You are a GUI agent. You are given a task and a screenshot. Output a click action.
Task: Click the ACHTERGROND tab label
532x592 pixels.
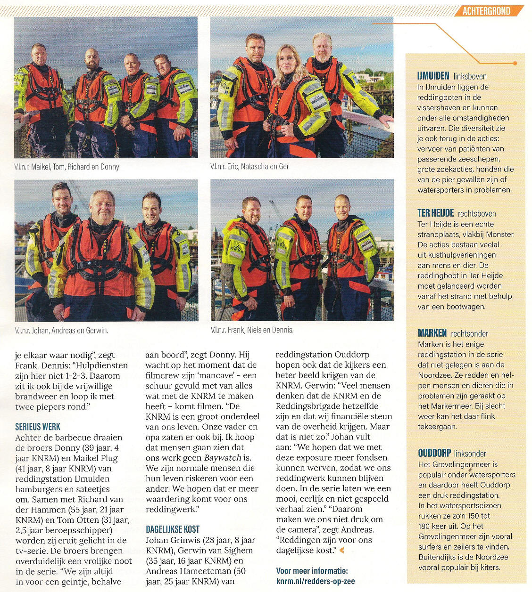(x=486, y=10)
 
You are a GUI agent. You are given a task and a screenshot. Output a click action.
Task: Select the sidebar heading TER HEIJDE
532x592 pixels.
(x=435, y=213)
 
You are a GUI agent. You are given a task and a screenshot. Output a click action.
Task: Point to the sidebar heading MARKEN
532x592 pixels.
(x=432, y=333)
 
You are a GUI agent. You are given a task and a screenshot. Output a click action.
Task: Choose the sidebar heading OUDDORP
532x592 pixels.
(x=434, y=453)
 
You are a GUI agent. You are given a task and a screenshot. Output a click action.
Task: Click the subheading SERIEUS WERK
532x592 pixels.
(x=38, y=427)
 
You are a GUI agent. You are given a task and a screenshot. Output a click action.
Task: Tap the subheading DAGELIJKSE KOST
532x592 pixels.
(x=173, y=529)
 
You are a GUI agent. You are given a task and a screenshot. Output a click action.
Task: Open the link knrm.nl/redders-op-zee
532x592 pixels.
(x=316, y=581)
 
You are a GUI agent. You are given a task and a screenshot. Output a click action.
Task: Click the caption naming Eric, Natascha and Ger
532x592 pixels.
(x=249, y=166)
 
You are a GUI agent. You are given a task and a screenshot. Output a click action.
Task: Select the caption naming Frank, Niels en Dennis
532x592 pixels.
(x=252, y=330)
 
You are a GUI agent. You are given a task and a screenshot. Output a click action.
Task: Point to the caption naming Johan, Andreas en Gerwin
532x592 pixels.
(x=61, y=331)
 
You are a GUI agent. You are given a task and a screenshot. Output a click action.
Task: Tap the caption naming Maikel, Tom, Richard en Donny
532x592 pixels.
(x=66, y=167)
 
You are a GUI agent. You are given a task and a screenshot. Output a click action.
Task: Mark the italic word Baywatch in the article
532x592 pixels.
(x=222, y=458)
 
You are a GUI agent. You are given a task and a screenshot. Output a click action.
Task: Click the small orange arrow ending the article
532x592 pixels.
(x=342, y=550)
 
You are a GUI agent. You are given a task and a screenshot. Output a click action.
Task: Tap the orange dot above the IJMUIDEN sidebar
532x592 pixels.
(x=515, y=63)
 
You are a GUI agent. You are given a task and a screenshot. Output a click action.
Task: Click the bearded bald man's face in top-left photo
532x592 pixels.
(x=92, y=60)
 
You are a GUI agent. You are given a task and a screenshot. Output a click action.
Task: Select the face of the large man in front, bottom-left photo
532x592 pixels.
(x=102, y=206)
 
